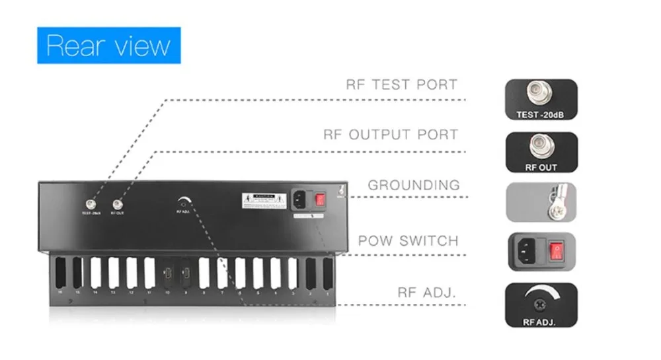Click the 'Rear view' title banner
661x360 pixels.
pyautogui.click(x=108, y=46)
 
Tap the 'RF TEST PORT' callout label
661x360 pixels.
pyautogui.click(x=401, y=85)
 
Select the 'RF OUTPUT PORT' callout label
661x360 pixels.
pyautogui.click(x=390, y=135)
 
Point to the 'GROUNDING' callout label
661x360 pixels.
pyautogui.click(x=413, y=185)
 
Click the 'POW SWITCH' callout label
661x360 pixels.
pyautogui.click(x=408, y=240)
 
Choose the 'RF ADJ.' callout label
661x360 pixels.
pyautogui.click(x=426, y=292)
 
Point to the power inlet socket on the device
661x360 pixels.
pyautogui.click(x=300, y=199)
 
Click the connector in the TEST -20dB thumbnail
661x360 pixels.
pyautogui.click(x=540, y=95)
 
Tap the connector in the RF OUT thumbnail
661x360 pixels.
pyautogui.click(x=540, y=147)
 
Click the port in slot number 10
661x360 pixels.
pyautogui.click(x=167, y=275)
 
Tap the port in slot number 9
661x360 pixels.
pyautogui.click(x=186, y=275)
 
